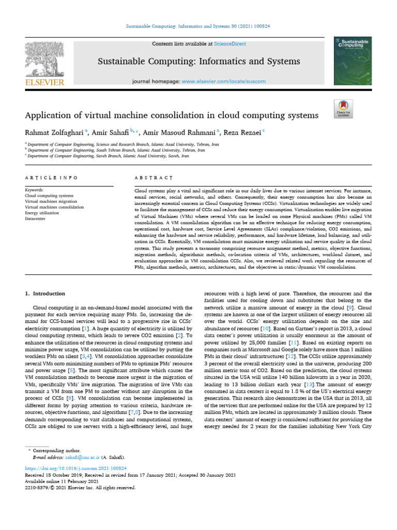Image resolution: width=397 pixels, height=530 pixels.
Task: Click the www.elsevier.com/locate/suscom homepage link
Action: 223,81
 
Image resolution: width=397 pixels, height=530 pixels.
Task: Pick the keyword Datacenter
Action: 36,218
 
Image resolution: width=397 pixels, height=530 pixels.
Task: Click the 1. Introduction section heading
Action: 45,293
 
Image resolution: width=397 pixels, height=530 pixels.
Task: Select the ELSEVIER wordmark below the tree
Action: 45,82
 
